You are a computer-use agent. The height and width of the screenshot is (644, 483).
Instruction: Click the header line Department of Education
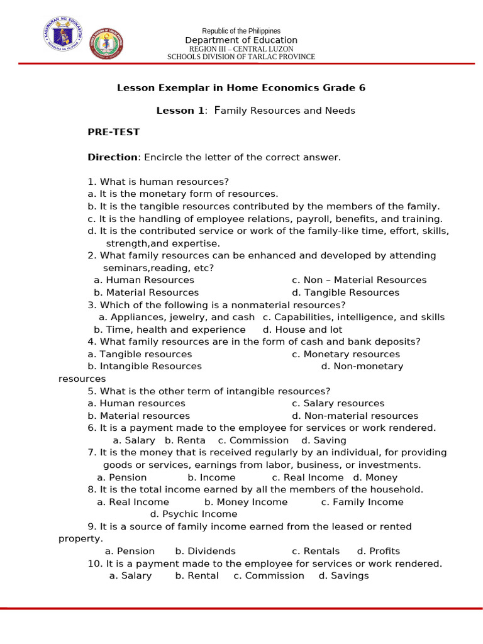coord(241,40)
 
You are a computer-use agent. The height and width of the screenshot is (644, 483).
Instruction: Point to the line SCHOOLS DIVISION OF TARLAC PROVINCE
coord(241,57)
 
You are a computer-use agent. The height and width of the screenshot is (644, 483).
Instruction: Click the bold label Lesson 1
coord(180,111)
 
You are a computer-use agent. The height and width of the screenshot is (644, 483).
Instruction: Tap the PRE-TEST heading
coord(114,132)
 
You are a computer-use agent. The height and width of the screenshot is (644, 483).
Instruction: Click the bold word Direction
coord(113,157)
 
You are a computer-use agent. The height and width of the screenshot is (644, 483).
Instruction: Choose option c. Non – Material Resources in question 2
coord(359,280)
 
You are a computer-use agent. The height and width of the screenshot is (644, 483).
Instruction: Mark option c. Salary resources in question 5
coord(338,403)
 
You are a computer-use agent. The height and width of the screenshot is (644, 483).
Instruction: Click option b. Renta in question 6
coord(185,440)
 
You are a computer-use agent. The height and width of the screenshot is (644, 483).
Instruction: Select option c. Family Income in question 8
coord(362,502)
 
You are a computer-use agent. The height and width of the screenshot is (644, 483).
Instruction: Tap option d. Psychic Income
coord(194,514)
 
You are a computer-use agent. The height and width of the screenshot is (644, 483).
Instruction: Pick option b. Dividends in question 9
coord(205,551)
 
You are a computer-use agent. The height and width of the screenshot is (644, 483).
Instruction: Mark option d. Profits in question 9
coord(379,551)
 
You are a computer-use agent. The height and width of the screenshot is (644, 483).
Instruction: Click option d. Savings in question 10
coord(343,575)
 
